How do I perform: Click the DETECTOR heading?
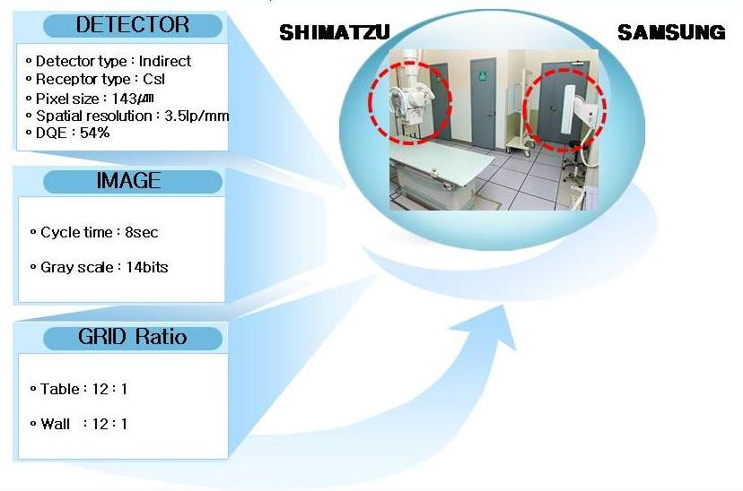coord(133,24)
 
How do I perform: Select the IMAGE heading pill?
coord(133,181)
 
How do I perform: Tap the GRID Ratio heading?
coord(133,337)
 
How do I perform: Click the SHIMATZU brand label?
coord(335,32)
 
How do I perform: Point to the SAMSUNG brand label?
coord(671,32)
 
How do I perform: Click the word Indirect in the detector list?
coord(165,61)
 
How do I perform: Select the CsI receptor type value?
coord(154,79)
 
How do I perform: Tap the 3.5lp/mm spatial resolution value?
coord(197,116)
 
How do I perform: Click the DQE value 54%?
coord(95,133)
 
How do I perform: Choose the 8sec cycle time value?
coord(142,232)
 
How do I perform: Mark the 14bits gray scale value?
coord(147,267)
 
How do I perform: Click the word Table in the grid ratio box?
coord(60,389)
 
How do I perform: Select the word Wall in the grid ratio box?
coord(56,424)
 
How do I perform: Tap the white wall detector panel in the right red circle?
coord(568,109)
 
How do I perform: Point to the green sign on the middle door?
coord(483,75)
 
